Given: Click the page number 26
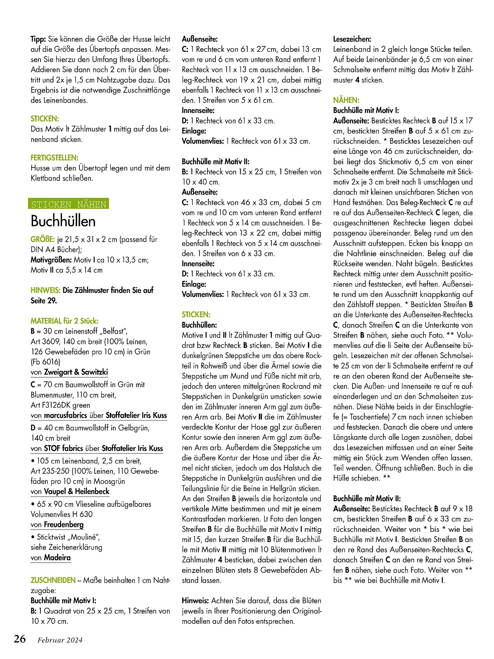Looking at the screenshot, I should (20, 639).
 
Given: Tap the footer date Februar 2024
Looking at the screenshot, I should (60, 640).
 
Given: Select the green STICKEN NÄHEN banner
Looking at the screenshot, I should (69, 204).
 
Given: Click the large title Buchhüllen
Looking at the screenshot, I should (63, 221).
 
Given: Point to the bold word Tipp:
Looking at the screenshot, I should (38, 39).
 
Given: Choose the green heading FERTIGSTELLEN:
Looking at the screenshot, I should (54, 158).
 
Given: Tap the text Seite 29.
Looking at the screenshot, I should (44, 300).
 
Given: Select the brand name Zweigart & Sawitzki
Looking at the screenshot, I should (76, 372).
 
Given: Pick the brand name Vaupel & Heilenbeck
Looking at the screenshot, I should (76, 491).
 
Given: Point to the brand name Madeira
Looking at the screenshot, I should (57, 558).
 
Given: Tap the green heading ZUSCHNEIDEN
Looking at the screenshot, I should (53, 580).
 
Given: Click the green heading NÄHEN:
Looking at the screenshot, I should (346, 100).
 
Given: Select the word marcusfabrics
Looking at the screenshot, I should (65, 415).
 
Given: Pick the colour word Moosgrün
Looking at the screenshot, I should (105, 481).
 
